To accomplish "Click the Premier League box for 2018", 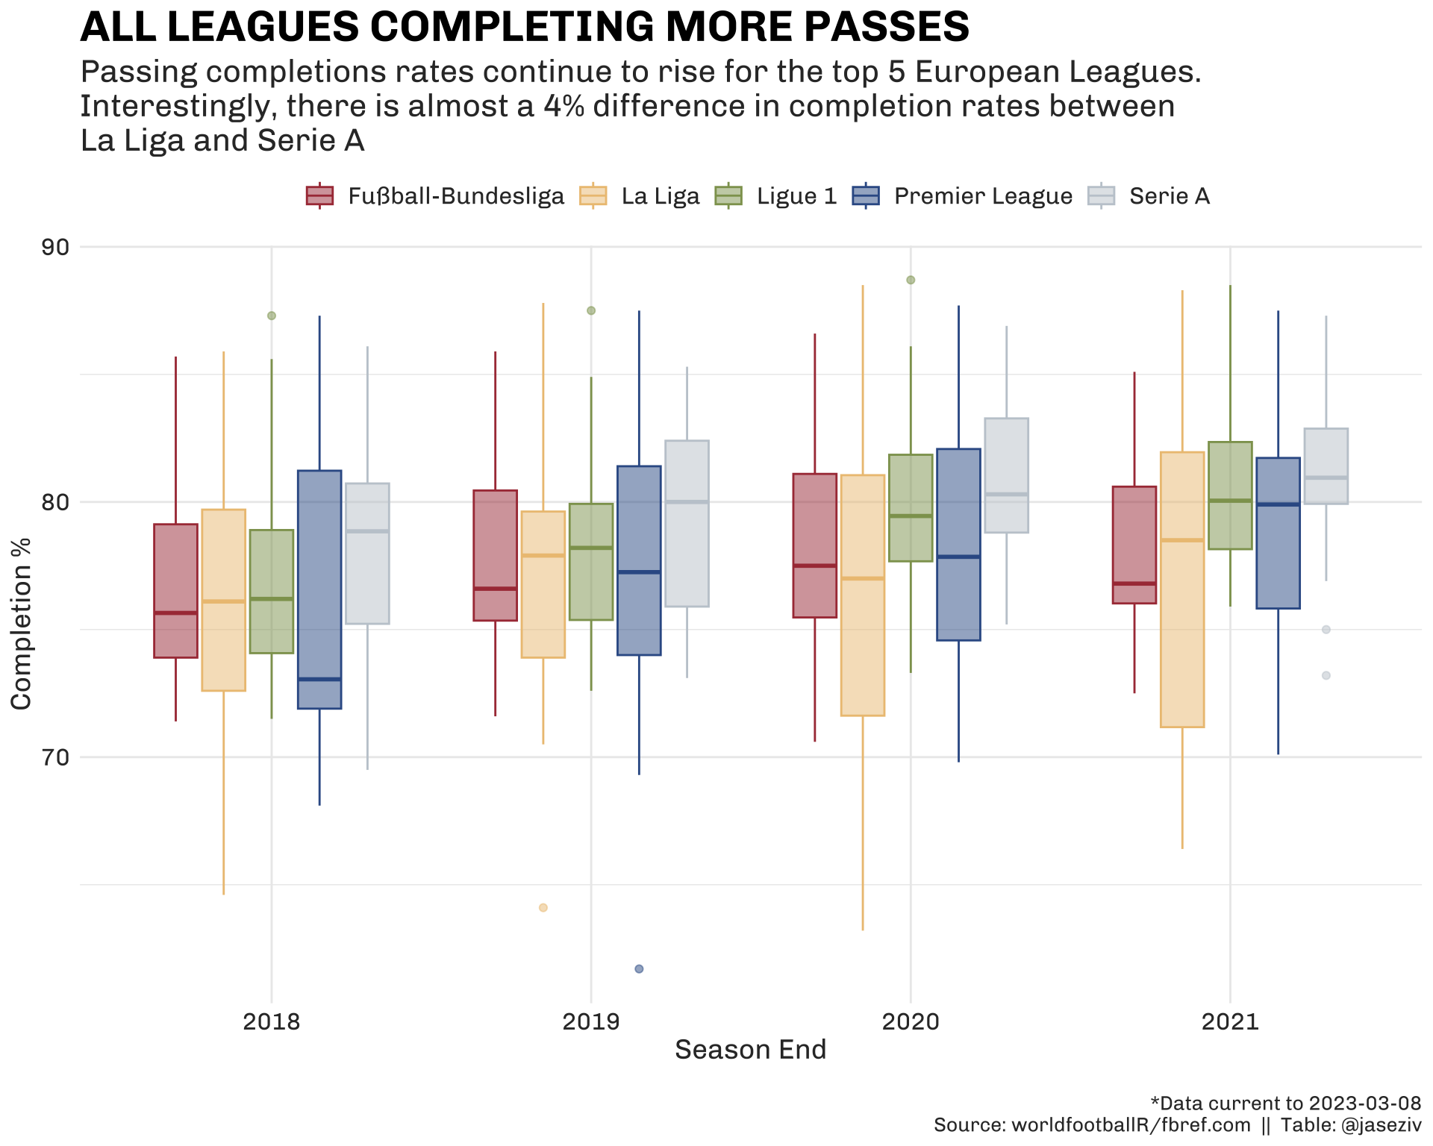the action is tap(319, 589).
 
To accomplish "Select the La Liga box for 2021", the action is tap(1182, 589).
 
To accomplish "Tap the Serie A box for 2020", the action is tap(1006, 475).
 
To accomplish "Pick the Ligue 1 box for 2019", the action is tap(591, 562).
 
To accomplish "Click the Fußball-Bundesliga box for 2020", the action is tap(815, 545).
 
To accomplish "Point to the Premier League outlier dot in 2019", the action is tap(639, 968).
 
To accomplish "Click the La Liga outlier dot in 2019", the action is tap(543, 907).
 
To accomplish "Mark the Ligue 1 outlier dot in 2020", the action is tap(911, 280).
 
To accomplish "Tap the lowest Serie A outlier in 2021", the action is tap(1326, 675).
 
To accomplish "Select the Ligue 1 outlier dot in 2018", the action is tap(272, 316).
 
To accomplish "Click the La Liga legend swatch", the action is tap(593, 195).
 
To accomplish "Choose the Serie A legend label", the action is tap(1170, 196).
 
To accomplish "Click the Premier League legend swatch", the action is tap(866, 195).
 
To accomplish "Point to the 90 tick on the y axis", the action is tap(53, 247).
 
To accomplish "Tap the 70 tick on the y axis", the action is tap(53, 757).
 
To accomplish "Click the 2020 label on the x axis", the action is tap(911, 1021).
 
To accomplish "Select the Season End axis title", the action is tap(751, 1050).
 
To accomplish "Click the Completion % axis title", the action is tap(21, 624).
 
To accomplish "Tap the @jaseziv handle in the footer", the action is tap(1382, 1125).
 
